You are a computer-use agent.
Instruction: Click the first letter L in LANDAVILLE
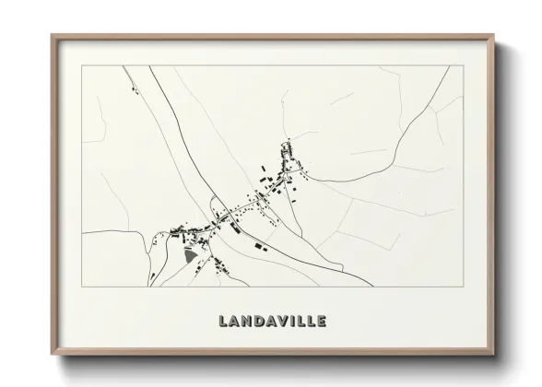point(224,322)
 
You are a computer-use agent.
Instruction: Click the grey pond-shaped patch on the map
point(192,257)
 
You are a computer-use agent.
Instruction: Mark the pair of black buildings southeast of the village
point(257,246)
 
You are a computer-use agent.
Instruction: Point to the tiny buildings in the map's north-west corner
point(135,89)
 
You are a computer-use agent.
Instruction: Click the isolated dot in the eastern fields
point(400,194)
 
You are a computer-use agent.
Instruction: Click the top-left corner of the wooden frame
point(53,36)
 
